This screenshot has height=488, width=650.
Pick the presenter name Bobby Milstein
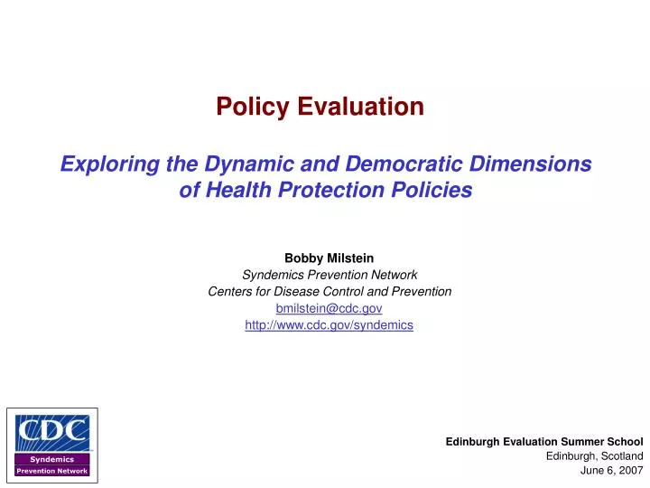pos(329,258)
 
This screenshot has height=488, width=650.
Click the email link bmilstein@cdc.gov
pos(329,308)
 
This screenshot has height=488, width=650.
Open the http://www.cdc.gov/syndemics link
pos(329,324)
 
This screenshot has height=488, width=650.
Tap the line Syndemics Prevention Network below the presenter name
pos(329,275)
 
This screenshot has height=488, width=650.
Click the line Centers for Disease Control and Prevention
pos(329,291)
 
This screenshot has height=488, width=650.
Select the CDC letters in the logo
pos(51,432)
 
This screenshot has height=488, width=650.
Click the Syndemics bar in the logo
pos(51,459)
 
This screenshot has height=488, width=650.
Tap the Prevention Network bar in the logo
pos(51,471)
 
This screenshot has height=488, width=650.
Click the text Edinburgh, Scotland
pos(594,456)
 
